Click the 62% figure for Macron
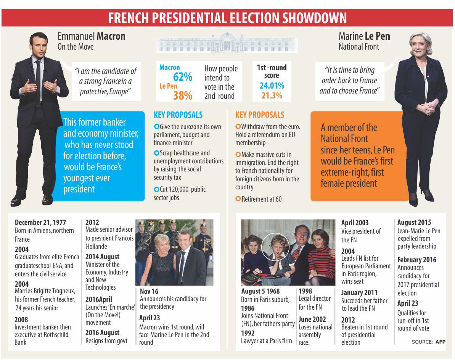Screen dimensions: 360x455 point(183,77)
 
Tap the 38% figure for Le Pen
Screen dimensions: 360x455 point(183,95)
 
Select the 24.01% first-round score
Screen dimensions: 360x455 point(272,86)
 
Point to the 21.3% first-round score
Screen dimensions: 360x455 point(272,96)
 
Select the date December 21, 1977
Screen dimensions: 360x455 point(40,222)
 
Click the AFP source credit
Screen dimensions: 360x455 point(440,342)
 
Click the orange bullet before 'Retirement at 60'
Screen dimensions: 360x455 point(238,199)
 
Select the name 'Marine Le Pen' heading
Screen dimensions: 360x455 point(364,36)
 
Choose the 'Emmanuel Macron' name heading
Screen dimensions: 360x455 point(91,36)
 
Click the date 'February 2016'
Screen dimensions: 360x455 point(416,260)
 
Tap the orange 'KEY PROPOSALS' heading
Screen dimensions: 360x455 point(259,115)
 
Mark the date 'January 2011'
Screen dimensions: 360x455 point(359,292)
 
